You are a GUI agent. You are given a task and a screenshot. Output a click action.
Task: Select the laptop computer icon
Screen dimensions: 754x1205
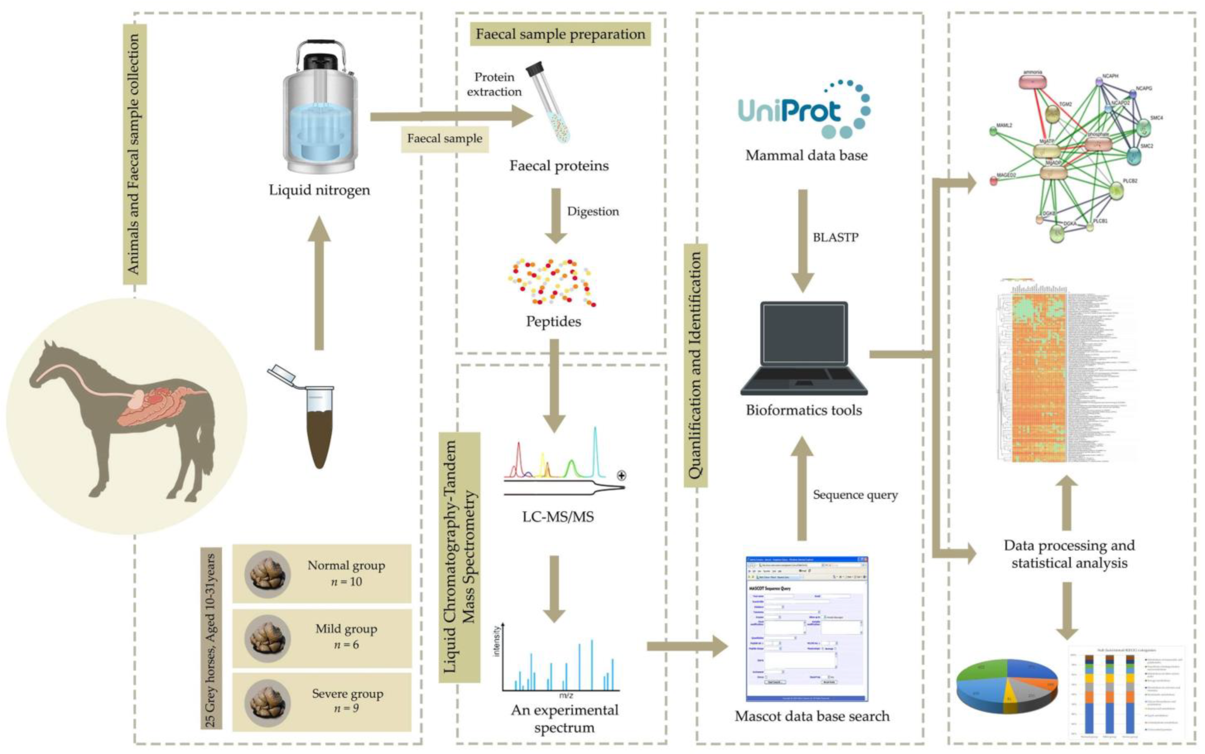pos(804,349)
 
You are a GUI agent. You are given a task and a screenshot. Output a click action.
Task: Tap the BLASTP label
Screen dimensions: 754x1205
pos(835,237)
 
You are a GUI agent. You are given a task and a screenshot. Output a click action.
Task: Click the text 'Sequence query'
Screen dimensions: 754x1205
pos(855,495)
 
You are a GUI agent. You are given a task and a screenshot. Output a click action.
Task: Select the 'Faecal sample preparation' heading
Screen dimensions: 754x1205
pos(560,34)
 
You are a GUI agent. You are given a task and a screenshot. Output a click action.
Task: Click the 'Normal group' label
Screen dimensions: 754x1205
pos(346,566)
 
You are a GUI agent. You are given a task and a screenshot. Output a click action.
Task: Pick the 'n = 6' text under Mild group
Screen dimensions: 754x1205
pos(346,645)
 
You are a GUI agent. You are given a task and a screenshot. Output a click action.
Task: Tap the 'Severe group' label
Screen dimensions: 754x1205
pos(348,694)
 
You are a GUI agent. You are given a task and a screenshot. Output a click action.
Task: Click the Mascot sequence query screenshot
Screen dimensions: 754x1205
pos(806,628)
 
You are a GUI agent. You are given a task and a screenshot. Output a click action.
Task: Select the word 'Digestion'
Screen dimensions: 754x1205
pos(593,211)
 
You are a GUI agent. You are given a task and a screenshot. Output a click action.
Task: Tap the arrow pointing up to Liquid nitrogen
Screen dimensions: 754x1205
pos(319,284)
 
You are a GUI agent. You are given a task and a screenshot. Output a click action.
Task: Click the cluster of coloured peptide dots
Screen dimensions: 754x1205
pos(551,282)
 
